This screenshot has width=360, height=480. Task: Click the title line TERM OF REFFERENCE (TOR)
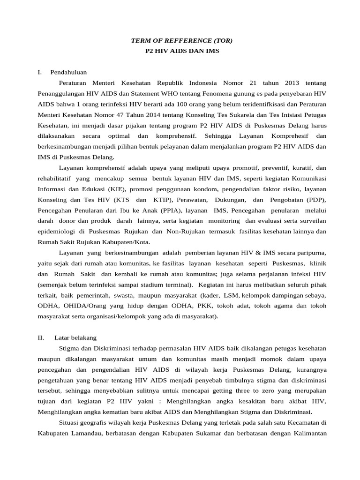click(x=181, y=41)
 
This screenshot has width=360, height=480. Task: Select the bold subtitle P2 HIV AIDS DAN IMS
click(x=181, y=52)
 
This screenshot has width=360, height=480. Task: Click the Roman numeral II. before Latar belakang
click(x=41, y=337)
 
